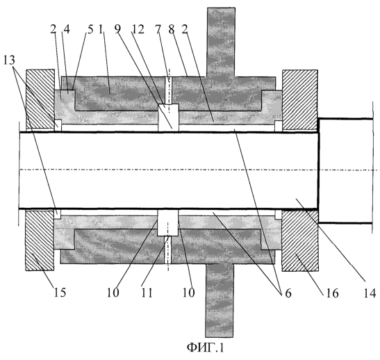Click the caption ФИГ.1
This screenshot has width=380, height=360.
(205, 347)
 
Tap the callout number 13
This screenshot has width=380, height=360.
(9, 60)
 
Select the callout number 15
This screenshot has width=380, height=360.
(60, 293)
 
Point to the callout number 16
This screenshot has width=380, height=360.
(332, 293)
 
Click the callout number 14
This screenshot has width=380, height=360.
(370, 293)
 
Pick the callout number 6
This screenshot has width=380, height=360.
(288, 293)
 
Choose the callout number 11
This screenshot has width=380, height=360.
(147, 293)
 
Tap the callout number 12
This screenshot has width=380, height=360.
(138, 30)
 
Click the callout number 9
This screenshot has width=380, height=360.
(118, 29)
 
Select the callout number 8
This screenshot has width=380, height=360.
(172, 30)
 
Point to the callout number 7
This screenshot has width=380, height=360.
(158, 30)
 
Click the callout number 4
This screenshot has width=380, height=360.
(67, 29)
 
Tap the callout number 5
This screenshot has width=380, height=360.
(90, 29)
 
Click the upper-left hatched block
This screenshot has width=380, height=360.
(40, 99)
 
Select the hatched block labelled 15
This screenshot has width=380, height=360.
(40, 240)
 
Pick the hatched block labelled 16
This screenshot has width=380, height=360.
(300, 240)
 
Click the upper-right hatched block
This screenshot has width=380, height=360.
(300, 99)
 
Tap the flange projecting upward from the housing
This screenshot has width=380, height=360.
(221, 42)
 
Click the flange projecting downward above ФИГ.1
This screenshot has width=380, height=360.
(220, 300)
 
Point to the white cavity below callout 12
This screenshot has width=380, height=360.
(168, 118)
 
